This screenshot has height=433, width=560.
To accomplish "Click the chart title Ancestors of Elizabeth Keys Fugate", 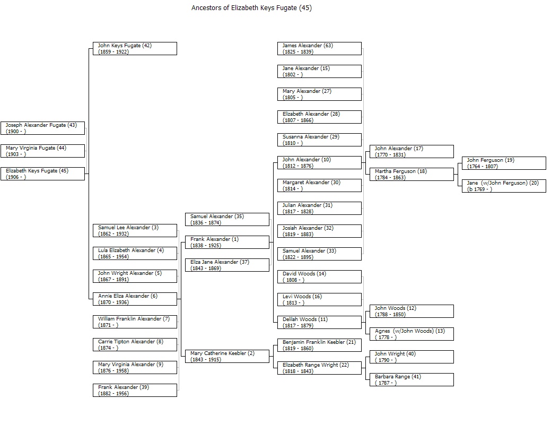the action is click(251, 8).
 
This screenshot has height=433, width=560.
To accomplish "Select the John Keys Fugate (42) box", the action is click(135, 49).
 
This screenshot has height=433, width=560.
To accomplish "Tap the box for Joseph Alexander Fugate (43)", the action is click(43, 128).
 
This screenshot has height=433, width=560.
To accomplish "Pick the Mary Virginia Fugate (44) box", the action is click(43, 151).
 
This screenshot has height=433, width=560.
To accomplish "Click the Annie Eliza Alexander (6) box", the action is click(135, 299).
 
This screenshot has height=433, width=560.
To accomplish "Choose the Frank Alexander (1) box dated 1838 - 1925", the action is click(227, 242).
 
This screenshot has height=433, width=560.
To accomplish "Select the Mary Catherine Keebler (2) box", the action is click(227, 356).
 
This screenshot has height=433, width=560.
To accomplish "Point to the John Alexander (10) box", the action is click(319, 162).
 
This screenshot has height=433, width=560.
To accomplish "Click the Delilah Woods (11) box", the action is click(319, 322).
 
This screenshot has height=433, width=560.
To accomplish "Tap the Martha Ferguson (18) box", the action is click(412, 175).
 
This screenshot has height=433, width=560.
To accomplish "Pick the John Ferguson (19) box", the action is click(504, 163).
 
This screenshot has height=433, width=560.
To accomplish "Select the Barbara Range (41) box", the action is click(412, 380).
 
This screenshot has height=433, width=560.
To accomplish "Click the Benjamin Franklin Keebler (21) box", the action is click(319, 345).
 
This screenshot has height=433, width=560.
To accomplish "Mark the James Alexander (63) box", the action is click(319, 49).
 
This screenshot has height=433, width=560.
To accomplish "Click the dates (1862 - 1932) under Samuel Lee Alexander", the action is click(113, 234).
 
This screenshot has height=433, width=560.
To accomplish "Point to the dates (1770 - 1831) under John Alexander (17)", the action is click(390, 155).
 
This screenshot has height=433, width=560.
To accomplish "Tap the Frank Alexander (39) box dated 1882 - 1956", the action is click(135, 390).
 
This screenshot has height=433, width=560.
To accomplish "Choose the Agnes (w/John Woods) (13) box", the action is click(412, 334).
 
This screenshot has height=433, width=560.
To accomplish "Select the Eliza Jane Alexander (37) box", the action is click(227, 265).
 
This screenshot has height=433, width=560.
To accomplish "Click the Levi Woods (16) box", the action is click(319, 299).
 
